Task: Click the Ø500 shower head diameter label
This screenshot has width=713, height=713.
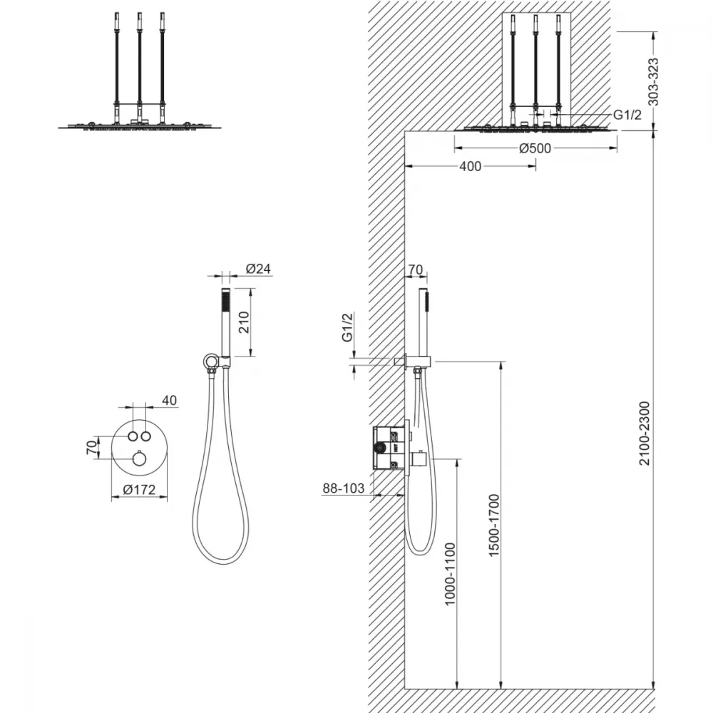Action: pos(535,148)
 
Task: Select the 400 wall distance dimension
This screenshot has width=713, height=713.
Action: pos(470,166)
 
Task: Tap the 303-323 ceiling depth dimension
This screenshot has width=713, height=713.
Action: pos(653,82)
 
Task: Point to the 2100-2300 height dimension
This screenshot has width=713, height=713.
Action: pos(645,434)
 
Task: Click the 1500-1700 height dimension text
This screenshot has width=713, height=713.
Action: pos(494,525)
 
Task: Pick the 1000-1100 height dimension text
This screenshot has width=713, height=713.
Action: pos(450,574)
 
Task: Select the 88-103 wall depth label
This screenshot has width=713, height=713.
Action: pos(344,488)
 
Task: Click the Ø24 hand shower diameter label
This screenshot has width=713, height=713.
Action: pos(258,269)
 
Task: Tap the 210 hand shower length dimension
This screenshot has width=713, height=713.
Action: pos(244,322)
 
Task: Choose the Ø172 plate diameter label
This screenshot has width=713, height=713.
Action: pos(139,489)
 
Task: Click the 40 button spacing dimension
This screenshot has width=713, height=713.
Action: pos(169,401)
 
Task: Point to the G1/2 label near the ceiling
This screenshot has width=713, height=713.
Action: pos(627,115)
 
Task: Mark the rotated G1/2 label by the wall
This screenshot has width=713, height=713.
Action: pos(347,327)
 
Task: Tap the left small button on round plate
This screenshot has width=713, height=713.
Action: pos(133,436)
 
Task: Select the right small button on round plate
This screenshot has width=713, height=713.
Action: pos(146,436)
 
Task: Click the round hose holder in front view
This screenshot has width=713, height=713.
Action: pos(210,362)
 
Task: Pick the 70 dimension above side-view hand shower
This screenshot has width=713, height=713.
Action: pos(416,270)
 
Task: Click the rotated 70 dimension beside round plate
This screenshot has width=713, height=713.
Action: pos(92,448)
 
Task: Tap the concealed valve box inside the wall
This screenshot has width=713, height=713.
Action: pos(391,448)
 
